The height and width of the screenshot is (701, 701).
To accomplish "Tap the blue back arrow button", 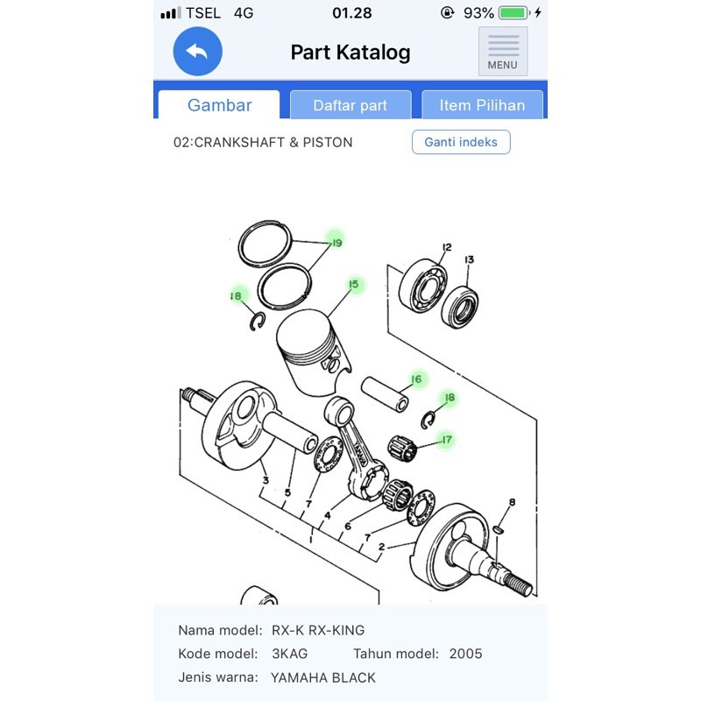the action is [198, 52].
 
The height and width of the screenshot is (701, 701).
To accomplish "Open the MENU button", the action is [503, 52].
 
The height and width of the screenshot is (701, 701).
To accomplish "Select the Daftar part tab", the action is [350, 105].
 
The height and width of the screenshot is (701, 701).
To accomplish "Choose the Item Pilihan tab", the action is [483, 105].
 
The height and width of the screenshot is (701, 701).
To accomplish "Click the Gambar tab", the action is [219, 105].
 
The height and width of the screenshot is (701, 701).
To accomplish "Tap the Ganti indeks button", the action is [461, 142].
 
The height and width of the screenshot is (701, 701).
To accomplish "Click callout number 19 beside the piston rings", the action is [336, 243].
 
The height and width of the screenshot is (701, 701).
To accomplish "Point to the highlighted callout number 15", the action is [354, 284].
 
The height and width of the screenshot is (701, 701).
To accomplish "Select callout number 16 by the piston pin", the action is [417, 379].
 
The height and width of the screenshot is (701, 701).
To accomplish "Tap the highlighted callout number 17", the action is [447, 440].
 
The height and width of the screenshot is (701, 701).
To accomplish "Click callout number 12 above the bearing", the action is [447, 247].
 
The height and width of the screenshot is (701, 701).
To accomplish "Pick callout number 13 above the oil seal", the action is [469, 259].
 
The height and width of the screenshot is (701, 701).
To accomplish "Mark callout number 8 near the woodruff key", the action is [513, 502].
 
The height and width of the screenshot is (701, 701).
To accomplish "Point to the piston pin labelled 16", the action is [385, 395].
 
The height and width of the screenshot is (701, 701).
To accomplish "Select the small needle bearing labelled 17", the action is [402, 448].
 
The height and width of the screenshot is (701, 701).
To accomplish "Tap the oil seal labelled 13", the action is [459, 308].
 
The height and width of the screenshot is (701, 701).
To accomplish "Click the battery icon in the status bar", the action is [514, 12].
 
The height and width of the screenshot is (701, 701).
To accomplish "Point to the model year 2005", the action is [466, 654].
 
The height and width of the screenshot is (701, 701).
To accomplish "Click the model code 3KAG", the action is [290, 654].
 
